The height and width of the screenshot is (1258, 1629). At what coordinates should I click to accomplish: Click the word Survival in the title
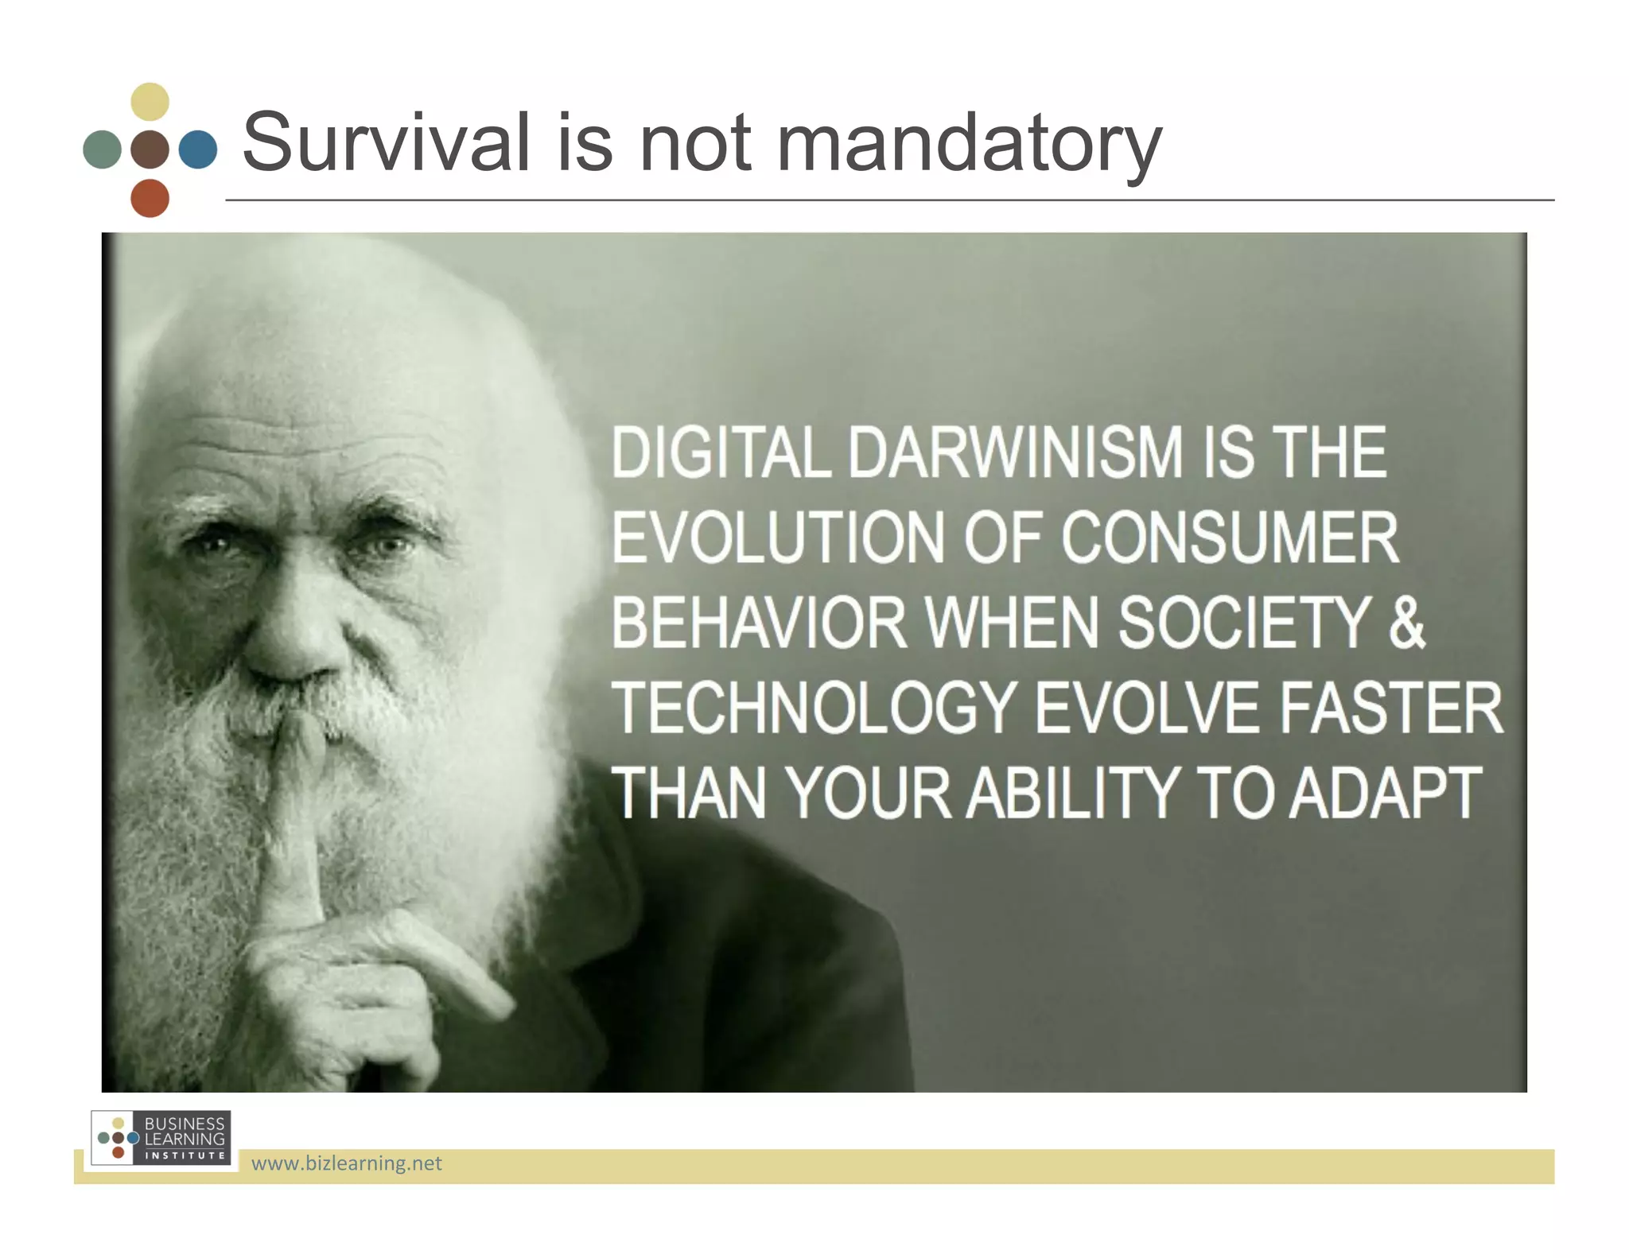tap(386, 143)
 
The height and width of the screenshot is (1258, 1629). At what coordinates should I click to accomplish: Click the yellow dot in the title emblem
tap(150, 102)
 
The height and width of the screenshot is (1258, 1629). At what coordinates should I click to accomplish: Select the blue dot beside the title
tap(197, 149)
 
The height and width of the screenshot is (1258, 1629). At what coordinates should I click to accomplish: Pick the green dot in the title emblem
tap(102, 149)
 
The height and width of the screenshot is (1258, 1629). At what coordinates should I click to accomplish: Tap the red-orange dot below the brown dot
tap(150, 198)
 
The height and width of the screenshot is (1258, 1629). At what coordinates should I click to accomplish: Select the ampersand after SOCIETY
tap(1406, 623)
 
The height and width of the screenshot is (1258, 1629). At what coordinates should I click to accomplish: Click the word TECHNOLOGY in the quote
tap(815, 708)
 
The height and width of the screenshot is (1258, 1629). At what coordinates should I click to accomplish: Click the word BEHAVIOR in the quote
tap(759, 623)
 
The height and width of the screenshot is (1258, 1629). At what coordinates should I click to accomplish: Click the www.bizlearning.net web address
tap(346, 1163)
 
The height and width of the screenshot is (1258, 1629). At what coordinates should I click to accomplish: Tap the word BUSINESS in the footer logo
tap(185, 1124)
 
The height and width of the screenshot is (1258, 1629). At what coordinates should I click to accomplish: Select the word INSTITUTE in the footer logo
tap(185, 1155)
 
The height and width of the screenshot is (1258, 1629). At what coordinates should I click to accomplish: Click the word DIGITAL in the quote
tap(721, 453)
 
